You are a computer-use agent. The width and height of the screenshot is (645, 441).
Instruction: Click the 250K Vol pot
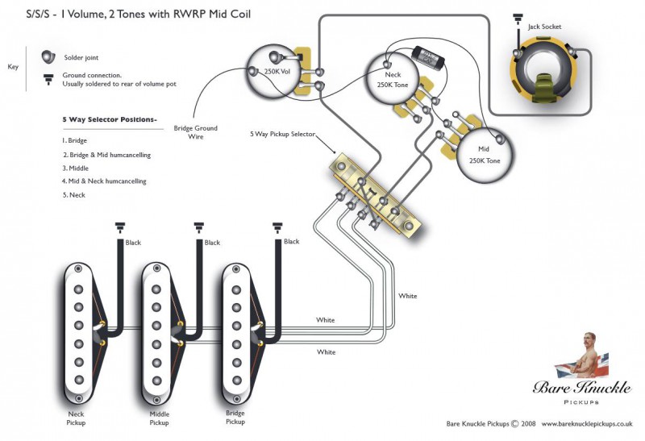point(275,72)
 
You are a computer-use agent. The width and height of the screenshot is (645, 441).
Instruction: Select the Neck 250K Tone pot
point(393,79)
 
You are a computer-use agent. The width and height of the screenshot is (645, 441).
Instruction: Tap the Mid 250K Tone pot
point(485,155)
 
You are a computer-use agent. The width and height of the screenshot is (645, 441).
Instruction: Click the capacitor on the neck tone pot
point(429,56)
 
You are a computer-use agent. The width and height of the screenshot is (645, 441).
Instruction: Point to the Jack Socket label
point(545,27)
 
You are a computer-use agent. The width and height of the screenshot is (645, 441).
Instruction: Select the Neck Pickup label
point(76,418)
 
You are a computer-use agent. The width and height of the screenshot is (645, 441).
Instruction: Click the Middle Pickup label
point(159,418)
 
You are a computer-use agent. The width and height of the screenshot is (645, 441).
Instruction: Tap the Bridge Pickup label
point(235,417)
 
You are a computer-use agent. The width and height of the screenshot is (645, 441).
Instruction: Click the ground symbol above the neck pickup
point(119,227)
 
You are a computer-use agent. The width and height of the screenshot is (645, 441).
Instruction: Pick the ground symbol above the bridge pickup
point(277,227)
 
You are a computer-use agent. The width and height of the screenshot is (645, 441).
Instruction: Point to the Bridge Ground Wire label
point(195,132)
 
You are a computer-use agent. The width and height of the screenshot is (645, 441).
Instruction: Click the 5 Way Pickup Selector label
point(283,134)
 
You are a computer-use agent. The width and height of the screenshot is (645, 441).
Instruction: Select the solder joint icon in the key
point(48,56)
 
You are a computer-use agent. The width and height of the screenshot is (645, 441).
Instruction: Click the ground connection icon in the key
point(48,79)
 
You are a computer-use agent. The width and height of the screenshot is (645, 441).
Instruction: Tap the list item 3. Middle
point(75,168)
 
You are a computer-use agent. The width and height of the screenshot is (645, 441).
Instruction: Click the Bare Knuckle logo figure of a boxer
point(581,356)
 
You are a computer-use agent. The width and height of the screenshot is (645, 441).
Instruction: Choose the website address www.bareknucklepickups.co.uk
point(587,423)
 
